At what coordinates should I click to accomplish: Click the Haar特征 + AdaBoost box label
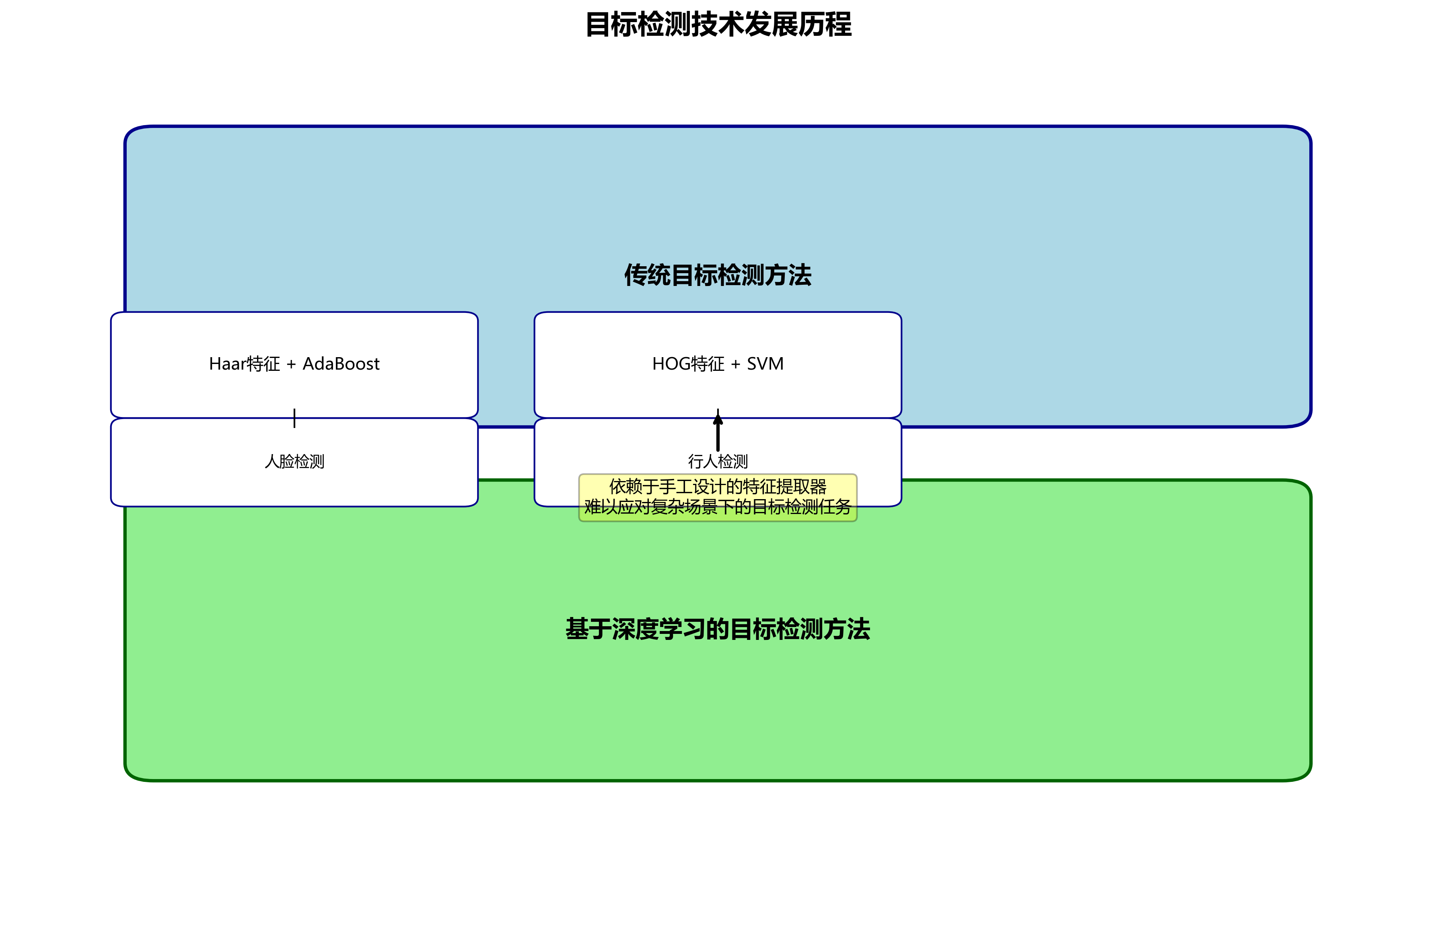294,364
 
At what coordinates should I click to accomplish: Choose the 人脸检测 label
294,461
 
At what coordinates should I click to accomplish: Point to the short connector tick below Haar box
294,418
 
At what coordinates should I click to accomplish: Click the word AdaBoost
341,364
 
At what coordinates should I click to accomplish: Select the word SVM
765,364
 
